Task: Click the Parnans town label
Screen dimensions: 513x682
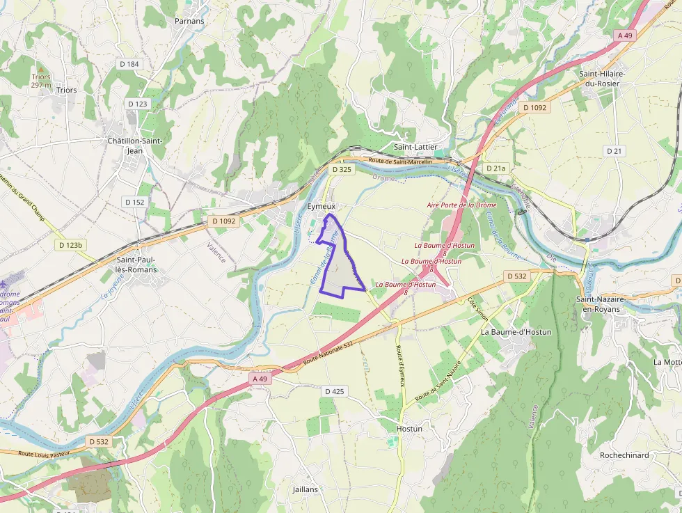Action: tap(189, 21)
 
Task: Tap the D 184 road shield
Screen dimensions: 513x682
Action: tap(129, 64)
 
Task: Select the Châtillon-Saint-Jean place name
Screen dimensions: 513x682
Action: tap(134, 145)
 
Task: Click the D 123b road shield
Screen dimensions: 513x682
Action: tap(71, 245)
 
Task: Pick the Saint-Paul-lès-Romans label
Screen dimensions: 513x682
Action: tap(136, 265)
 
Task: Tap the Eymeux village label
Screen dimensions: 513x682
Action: tap(321, 207)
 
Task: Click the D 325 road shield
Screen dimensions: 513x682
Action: tap(342, 169)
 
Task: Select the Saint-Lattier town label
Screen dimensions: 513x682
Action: tap(415, 148)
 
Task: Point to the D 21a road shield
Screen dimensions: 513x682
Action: tap(495, 168)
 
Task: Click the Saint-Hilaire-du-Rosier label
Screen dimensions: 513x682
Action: tap(603, 79)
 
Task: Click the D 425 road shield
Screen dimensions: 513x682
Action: tap(333, 392)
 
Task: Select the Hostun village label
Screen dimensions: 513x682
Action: tap(409, 429)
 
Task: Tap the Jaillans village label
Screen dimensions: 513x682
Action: tap(306, 489)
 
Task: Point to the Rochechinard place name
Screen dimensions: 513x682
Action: tap(624, 455)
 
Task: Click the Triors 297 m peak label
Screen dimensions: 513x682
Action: tap(42, 81)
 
